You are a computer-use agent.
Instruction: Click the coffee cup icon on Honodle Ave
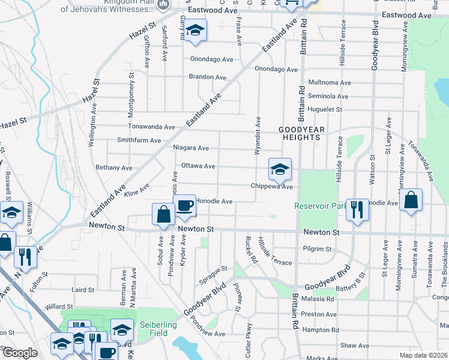[184, 206]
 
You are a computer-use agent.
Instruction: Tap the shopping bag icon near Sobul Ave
[164, 215]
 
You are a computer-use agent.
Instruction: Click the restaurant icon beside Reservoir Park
[357, 210]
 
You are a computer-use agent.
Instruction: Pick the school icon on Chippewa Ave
[280, 170]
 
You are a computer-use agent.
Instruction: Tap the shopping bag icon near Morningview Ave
[411, 201]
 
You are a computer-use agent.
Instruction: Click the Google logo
[20, 353]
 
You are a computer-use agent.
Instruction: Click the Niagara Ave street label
[191, 148]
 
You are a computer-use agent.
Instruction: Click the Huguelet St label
[325, 110]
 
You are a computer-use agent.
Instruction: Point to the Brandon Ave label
[208, 77]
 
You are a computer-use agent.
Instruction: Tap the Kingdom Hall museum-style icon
[163, 4]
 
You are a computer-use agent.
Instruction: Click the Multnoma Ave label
[329, 82]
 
